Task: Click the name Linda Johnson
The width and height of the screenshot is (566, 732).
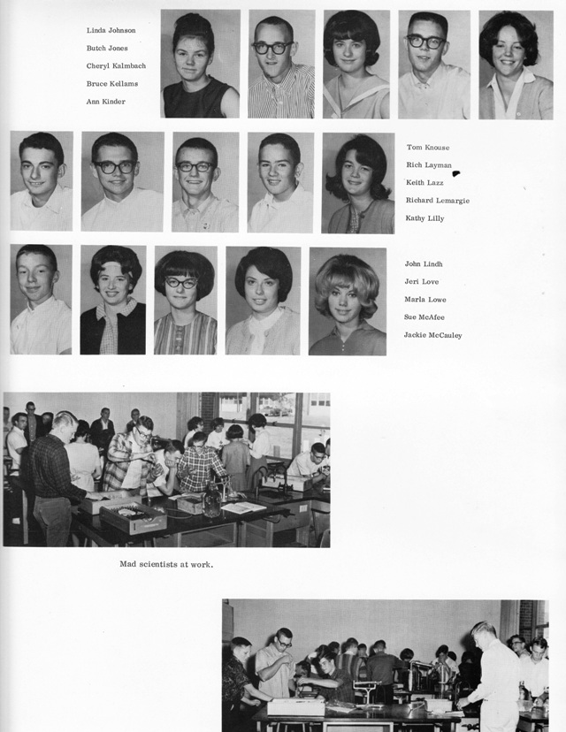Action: click(x=111, y=30)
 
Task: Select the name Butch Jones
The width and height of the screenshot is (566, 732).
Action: click(x=107, y=48)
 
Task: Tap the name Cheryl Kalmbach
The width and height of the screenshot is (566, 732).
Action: click(x=116, y=65)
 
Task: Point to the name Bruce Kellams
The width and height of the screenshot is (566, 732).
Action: click(x=112, y=83)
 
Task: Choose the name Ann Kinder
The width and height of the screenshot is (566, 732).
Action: click(x=106, y=101)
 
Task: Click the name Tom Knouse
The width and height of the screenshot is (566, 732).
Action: click(x=429, y=147)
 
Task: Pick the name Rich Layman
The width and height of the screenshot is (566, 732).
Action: click(x=429, y=164)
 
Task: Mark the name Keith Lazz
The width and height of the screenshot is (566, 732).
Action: click(x=425, y=182)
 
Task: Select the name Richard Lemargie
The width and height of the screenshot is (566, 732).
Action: click(x=438, y=200)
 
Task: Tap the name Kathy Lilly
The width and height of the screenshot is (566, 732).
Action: click(x=425, y=217)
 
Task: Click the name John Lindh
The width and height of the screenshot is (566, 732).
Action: click(x=424, y=263)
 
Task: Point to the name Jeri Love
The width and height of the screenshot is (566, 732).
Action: click(x=422, y=281)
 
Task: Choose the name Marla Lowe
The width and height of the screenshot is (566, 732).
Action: click(x=424, y=299)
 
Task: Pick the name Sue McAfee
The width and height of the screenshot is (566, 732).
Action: click(x=424, y=316)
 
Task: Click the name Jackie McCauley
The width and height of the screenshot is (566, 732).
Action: click(x=433, y=335)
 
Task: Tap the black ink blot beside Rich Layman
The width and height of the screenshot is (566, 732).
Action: click(x=457, y=173)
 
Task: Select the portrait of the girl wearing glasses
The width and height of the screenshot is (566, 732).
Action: click(x=185, y=301)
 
